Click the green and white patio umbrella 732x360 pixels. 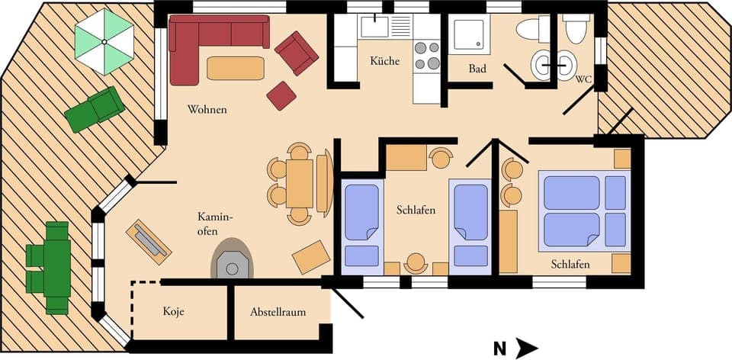tap(104, 45)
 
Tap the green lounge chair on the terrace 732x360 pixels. tap(95, 108)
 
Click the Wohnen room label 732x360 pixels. tap(207, 110)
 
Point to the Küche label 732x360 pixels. tap(384, 61)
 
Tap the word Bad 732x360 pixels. tap(477, 69)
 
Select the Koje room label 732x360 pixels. tap(174, 312)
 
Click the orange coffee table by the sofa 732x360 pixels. tap(236, 69)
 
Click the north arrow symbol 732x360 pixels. tap(525, 349)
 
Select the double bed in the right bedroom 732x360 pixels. tap(583, 211)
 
